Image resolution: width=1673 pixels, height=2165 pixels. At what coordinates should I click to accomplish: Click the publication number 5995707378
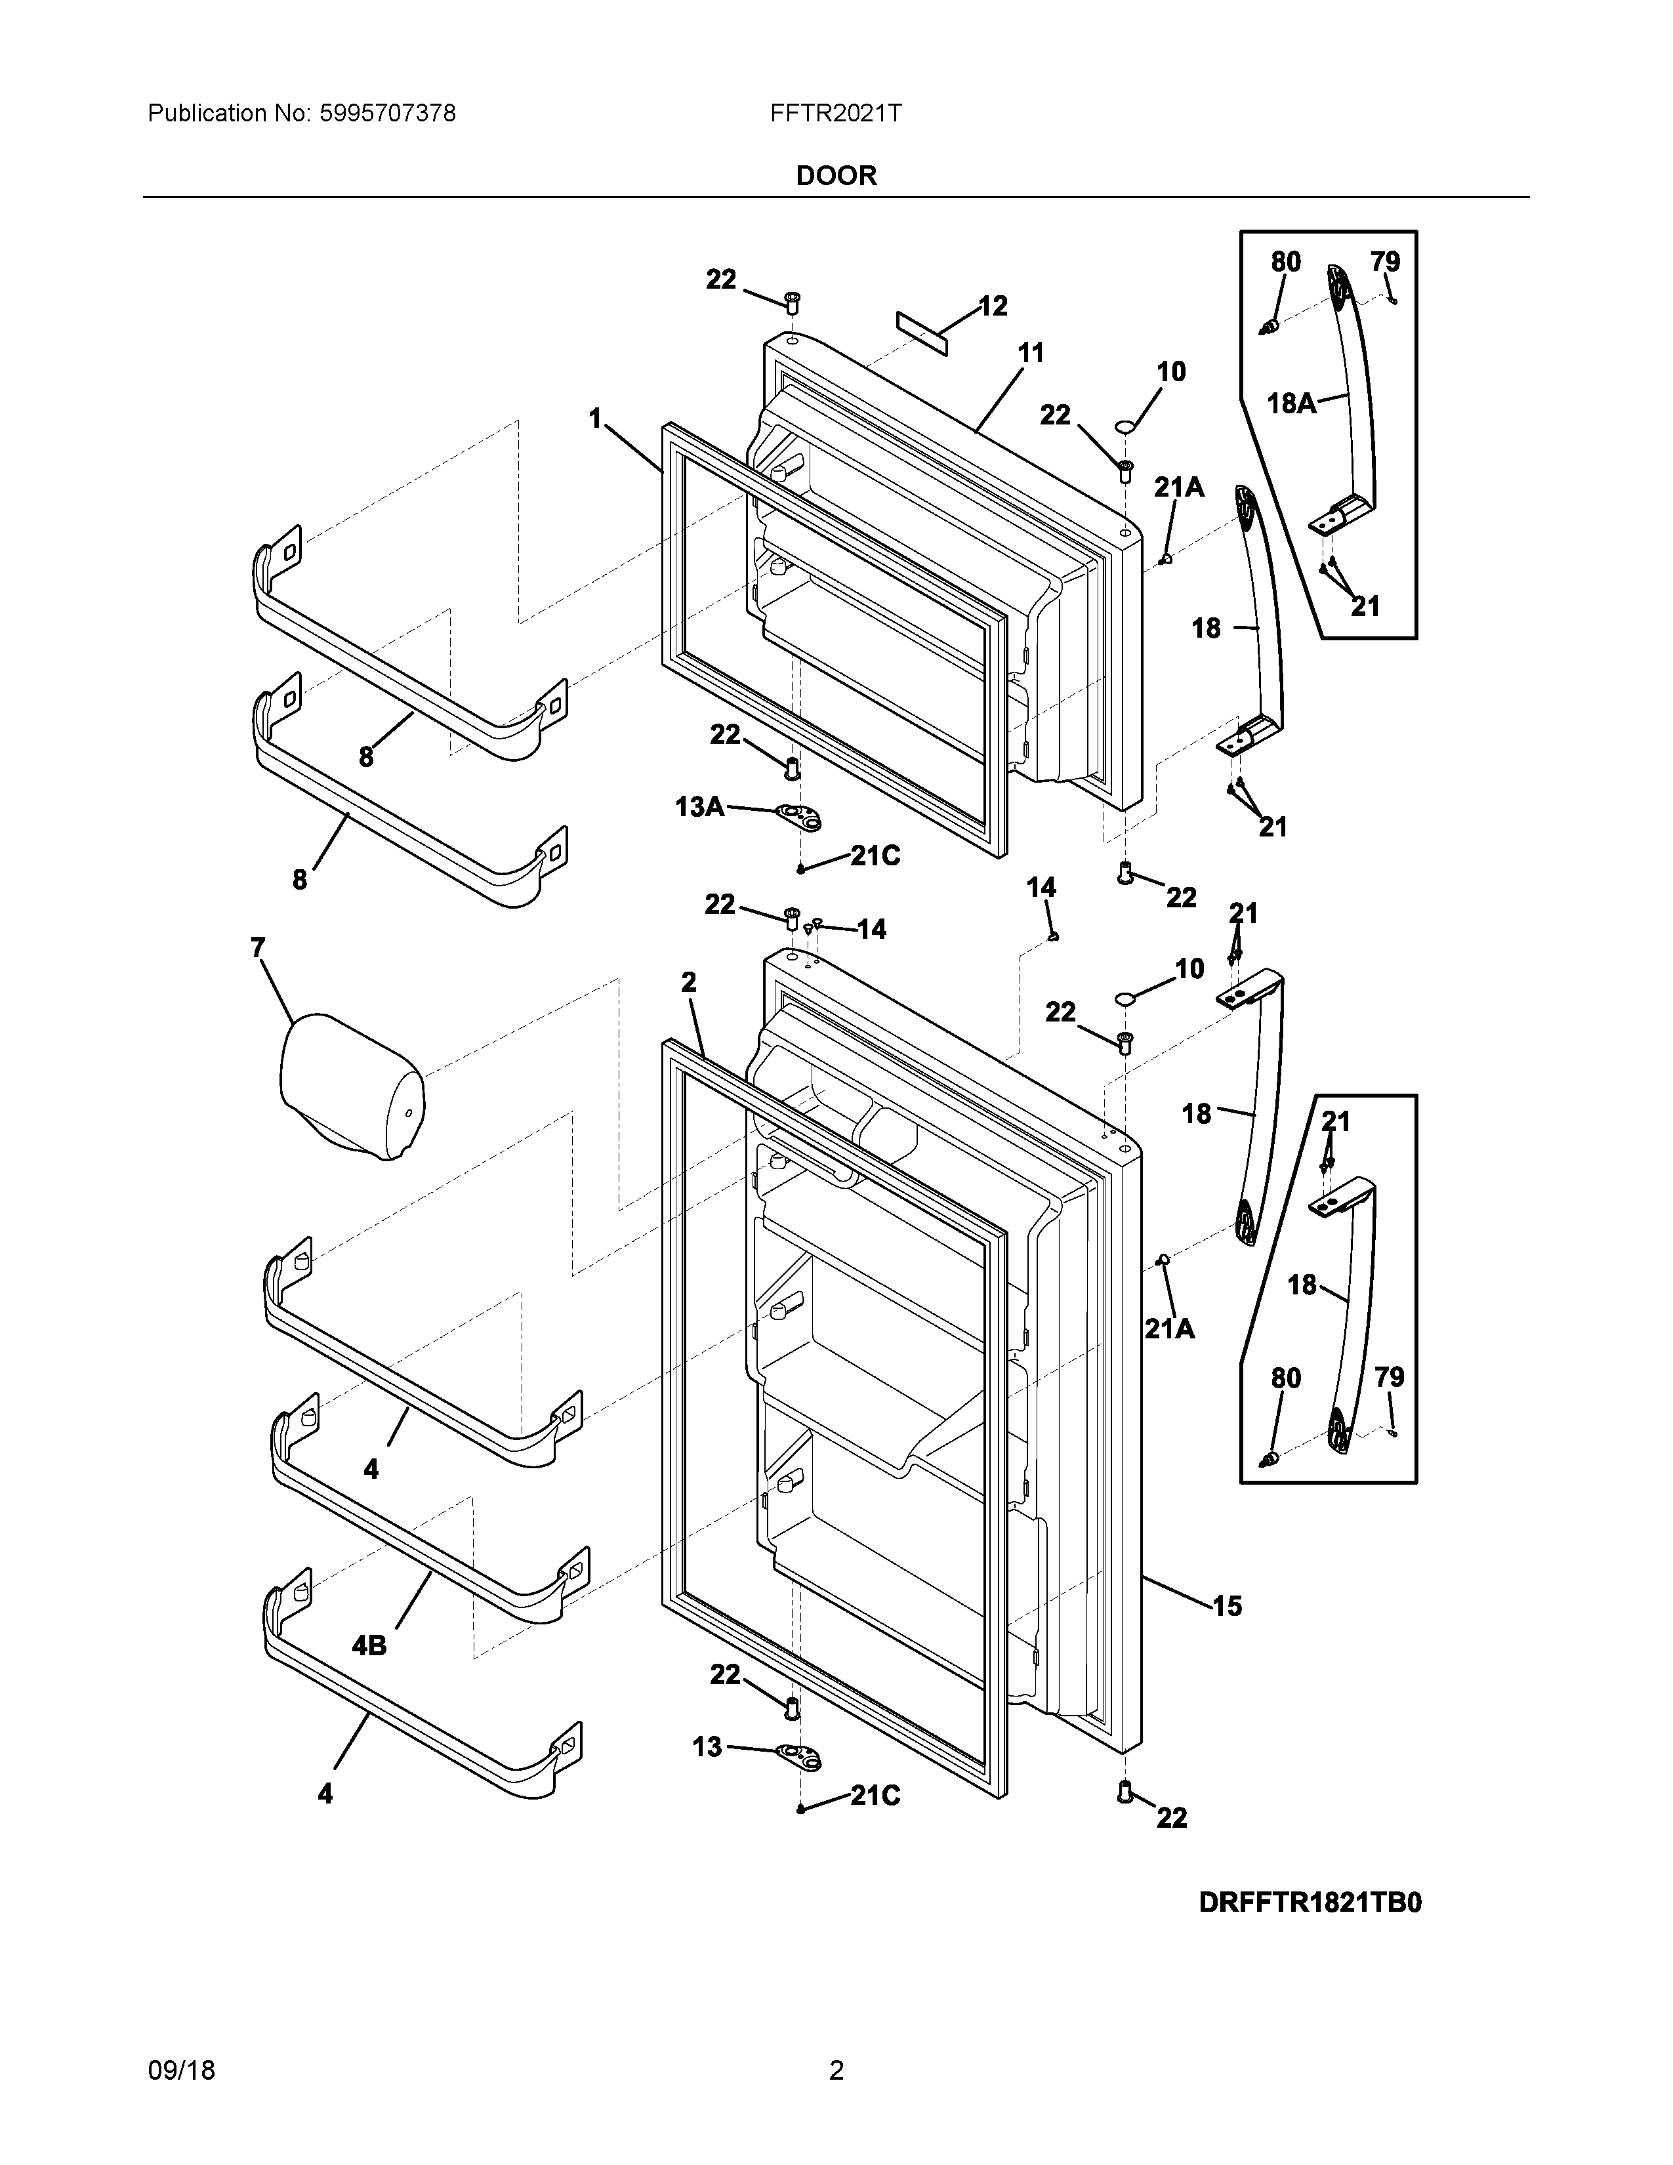click(388, 114)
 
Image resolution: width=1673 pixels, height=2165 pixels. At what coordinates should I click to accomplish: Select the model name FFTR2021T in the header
click(835, 114)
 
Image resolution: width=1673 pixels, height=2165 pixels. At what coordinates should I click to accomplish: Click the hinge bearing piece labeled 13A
click(804, 817)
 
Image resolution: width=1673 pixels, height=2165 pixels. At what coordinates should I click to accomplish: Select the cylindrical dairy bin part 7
click(352, 1086)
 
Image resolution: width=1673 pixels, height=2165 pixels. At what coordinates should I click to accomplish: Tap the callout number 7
click(258, 949)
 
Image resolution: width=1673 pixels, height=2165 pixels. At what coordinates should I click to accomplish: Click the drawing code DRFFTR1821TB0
click(1310, 1903)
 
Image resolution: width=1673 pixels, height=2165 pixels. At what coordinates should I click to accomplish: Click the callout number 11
click(1031, 353)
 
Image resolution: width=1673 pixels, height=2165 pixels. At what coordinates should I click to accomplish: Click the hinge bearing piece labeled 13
click(804, 1758)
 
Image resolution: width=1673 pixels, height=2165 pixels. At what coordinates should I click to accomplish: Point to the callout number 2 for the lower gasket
click(689, 982)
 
